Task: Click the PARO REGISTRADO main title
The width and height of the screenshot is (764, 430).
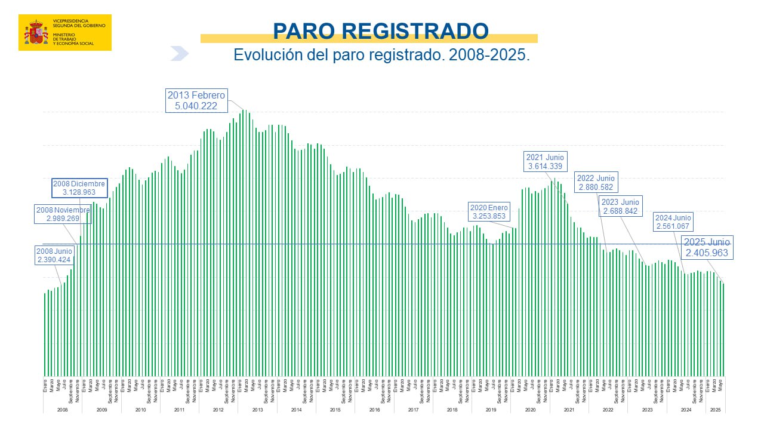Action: click(380, 30)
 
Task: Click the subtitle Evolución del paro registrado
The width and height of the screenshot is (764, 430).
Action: click(381, 55)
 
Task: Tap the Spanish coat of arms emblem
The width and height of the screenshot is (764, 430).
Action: click(36, 32)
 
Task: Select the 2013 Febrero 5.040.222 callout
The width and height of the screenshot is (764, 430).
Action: click(196, 101)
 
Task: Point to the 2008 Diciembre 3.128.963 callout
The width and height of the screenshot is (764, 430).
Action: click(79, 188)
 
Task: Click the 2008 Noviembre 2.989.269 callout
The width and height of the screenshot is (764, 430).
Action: click(63, 214)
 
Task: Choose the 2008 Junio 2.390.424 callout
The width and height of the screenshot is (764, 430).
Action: click(54, 256)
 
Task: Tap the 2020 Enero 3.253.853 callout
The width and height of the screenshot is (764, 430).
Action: click(489, 211)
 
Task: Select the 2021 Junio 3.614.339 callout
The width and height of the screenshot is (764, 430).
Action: click(544, 162)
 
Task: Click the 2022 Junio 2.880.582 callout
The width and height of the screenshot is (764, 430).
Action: click(595, 183)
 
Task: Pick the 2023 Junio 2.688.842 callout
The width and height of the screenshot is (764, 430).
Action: click(620, 207)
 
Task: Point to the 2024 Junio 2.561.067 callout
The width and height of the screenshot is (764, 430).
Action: click(673, 222)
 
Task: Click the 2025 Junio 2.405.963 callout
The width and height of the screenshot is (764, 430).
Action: click(707, 248)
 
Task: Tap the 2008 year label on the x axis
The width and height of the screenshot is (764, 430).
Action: click(62, 410)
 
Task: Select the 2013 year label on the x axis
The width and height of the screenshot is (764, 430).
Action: click(257, 410)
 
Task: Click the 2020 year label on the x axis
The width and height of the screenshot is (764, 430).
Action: click(530, 410)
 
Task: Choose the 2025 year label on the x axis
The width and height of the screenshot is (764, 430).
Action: click(715, 410)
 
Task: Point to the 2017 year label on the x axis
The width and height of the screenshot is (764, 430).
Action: click(413, 410)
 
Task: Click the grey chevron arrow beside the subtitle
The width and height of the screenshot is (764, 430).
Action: click(180, 54)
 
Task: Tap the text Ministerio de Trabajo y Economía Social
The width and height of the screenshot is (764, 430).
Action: click(73, 39)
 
